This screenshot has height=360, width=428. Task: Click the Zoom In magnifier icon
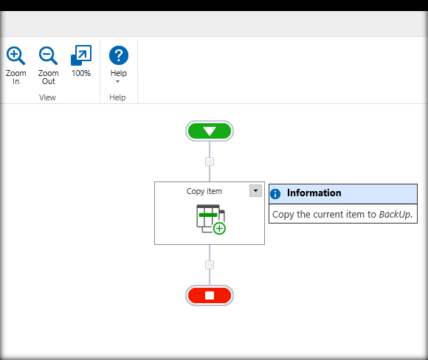[x=15, y=55]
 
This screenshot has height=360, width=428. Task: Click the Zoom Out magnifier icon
[x=48, y=55]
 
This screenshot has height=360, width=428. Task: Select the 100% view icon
[x=81, y=55]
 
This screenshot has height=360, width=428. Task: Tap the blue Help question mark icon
[x=119, y=55]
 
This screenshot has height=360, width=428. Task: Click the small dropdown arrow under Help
[x=117, y=81]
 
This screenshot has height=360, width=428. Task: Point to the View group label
[x=47, y=97]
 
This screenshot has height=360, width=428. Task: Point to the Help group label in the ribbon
[x=117, y=97]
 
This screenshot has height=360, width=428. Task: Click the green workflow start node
[x=210, y=131]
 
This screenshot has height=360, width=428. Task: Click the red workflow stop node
[x=210, y=295]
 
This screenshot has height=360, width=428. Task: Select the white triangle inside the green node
[x=210, y=131]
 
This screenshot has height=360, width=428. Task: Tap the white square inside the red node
[x=210, y=295]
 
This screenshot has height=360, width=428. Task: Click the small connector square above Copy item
[x=210, y=162]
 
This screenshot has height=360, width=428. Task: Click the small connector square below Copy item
[x=210, y=265]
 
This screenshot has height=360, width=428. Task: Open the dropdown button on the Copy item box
[x=255, y=190]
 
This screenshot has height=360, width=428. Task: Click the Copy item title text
[x=204, y=191]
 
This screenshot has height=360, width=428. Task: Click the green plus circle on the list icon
[x=219, y=229]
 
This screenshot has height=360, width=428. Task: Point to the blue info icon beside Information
[x=275, y=194]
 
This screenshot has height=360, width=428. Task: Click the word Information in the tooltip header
[x=314, y=193]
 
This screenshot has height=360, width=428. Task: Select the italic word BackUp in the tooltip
[x=395, y=215]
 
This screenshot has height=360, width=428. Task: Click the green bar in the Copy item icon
[x=208, y=215]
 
